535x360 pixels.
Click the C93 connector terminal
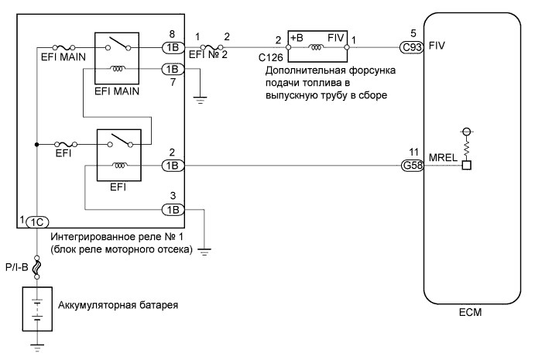(411, 46)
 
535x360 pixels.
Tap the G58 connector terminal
(411, 165)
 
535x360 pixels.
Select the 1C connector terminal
(36, 221)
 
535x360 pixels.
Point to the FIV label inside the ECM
(436, 46)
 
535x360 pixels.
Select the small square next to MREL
(467, 165)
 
